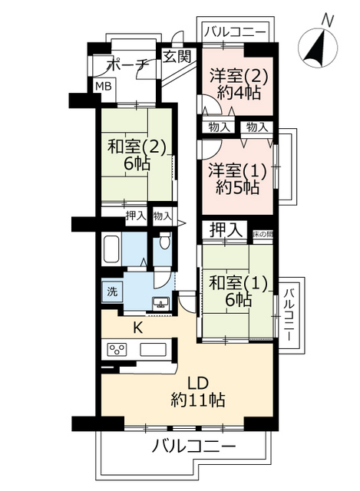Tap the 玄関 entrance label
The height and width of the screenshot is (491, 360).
click(x=177, y=56)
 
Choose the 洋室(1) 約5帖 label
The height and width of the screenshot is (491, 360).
click(x=236, y=179)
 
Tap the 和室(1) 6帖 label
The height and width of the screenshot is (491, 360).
click(x=235, y=292)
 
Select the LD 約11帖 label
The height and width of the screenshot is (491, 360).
click(x=197, y=391)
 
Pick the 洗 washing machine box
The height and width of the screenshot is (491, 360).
click(x=111, y=292)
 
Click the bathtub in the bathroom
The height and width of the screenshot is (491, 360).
click(x=112, y=249)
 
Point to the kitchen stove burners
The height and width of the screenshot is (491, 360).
click(x=118, y=351)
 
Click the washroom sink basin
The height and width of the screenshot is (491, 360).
click(x=162, y=302)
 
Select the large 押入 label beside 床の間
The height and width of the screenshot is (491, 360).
click(x=226, y=229)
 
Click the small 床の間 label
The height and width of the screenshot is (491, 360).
click(x=263, y=233)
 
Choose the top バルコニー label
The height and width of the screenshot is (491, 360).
click(x=236, y=31)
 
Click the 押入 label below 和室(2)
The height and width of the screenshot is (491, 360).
click(x=136, y=216)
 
